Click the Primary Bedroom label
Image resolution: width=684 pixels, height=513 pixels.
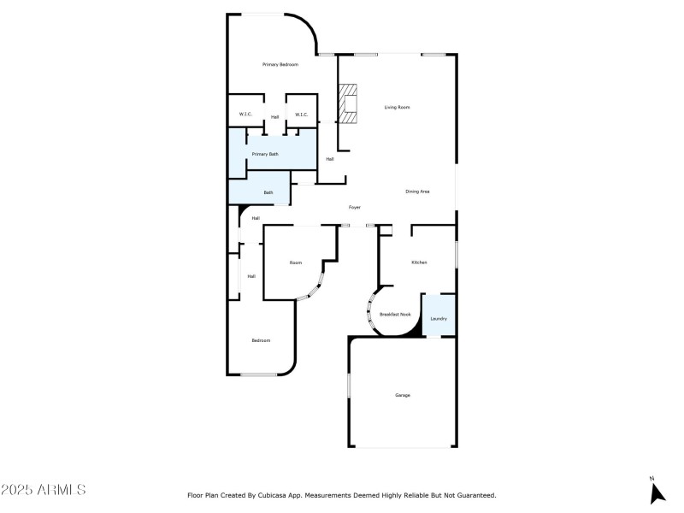(x=280, y=65)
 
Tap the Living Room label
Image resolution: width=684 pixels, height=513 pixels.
(x=397, y=107)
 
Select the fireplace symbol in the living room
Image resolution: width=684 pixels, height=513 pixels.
(x=348, y=104)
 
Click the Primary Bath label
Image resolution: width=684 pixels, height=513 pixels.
(x=264, y=154)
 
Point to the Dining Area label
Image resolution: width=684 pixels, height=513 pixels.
(x=417, y=192)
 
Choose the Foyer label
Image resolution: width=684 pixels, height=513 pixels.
(x=354, y=208)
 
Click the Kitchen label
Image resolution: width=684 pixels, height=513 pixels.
(x=419, y=262)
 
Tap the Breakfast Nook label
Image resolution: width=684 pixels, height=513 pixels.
(x=395, y=315)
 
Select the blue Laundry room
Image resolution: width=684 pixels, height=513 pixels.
(x=439, y=318)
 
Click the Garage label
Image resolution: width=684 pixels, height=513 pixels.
(x=402, y=395)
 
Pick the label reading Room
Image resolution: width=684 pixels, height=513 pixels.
(x=295, y=262)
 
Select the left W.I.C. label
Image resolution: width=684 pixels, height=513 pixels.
(x=245, y=115)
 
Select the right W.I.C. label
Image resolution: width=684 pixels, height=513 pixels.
(x=301, y=115)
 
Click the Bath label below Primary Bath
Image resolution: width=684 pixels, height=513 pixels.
(x=268, y=192)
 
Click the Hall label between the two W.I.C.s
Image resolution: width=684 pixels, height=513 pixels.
(x=274, y=116)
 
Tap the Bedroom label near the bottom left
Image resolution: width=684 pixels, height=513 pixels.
(x=260, y=340)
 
